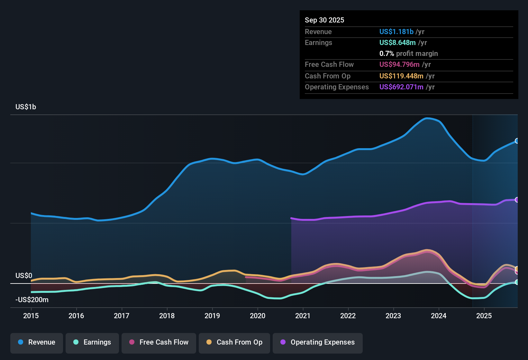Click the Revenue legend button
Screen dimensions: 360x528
[37, 342]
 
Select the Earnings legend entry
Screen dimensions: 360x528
[92, 342]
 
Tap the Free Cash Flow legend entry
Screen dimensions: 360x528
[159, 342]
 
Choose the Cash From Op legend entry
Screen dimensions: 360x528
[234, 342]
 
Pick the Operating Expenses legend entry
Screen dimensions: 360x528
[318, 342]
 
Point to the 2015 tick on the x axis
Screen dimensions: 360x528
[31, 316]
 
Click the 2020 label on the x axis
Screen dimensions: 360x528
[258, 316]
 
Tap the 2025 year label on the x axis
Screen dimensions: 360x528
[484, 316]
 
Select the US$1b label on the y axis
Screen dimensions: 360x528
[26, 107]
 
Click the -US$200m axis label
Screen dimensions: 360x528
[32, 300]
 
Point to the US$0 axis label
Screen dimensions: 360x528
[24, 276]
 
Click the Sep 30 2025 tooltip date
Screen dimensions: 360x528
[324, 20]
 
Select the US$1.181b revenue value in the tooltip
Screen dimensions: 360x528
[396, 32]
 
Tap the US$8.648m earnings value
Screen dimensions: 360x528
[397, 43]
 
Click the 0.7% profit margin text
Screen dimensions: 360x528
[408, 54]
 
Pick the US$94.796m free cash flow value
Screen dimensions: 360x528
[399, 65]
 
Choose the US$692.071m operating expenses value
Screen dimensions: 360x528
[401, 87]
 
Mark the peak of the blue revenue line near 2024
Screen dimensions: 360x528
[427, 118]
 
